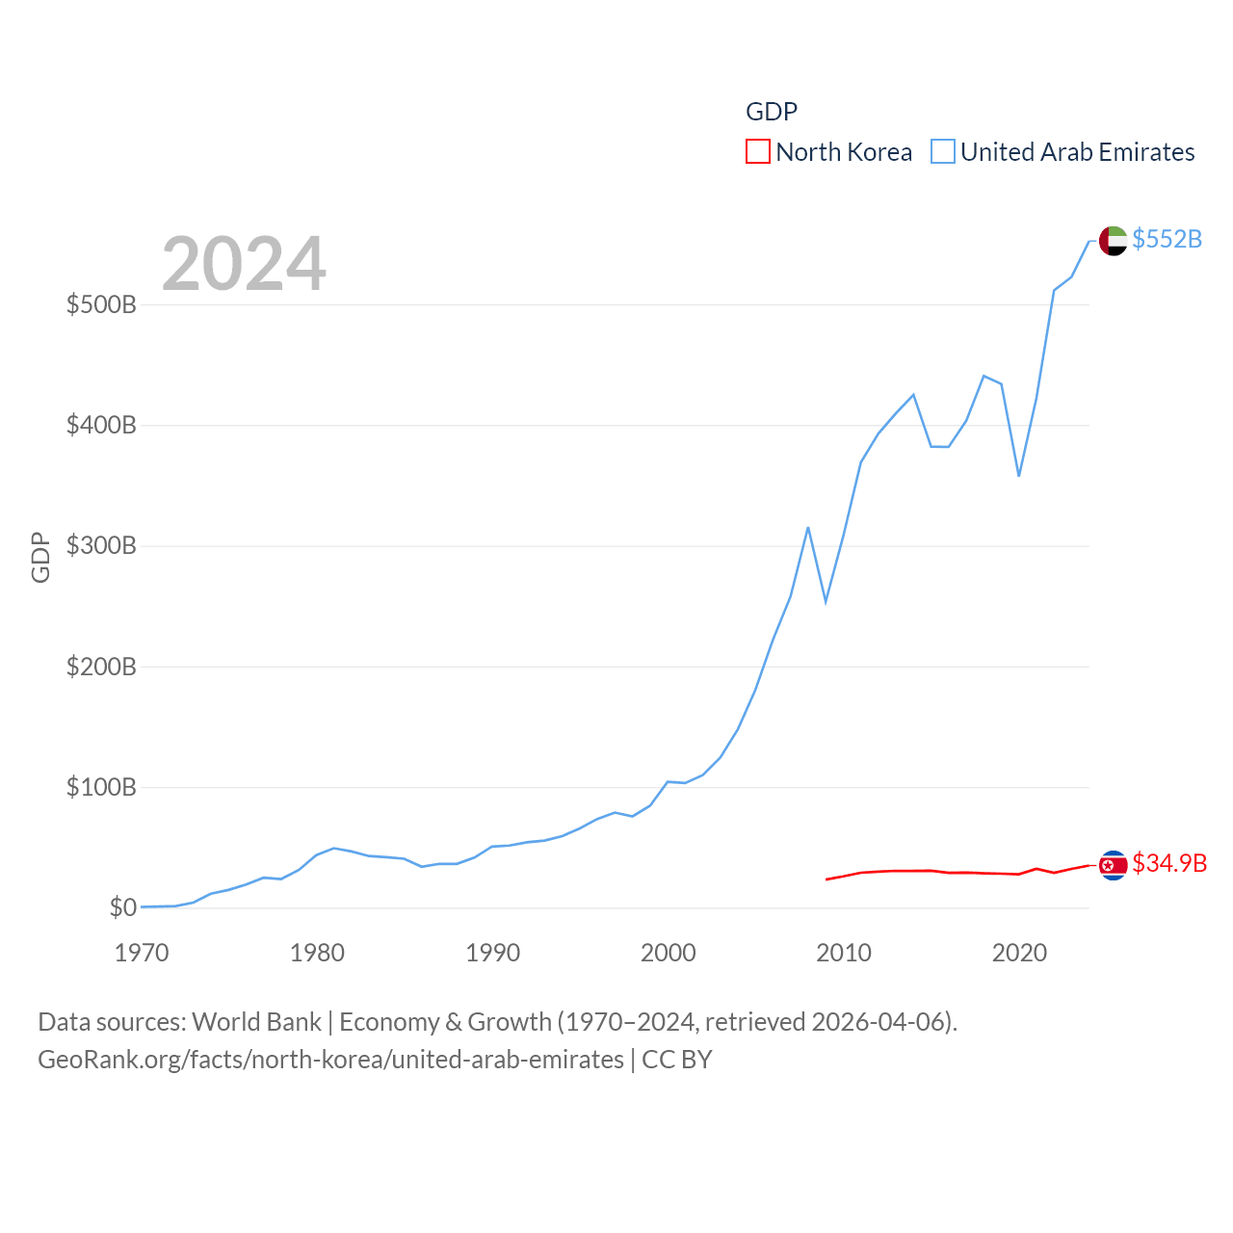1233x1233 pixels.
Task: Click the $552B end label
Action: [x=1167, y=239]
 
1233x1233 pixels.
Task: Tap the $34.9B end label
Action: [x=1168, y=863]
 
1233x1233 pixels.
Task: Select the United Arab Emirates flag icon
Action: [x=1113, y=241]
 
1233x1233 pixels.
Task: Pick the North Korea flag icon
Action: [x=1113, y=866]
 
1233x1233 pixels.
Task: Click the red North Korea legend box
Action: [x=758, y=152]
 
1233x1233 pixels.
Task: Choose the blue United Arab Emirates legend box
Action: [x=943, y=152]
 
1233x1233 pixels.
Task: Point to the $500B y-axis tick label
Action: [x=101, y=305]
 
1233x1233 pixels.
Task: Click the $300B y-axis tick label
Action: [x=101, y=546]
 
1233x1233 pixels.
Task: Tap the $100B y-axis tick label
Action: [x=101, y=788]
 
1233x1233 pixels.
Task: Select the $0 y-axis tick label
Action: [x=122, y=908]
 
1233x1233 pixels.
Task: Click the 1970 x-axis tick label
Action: [x=142, y=954]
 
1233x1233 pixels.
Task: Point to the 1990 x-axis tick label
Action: [x=492, y=954]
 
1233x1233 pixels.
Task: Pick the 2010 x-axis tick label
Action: [x=844, y=954]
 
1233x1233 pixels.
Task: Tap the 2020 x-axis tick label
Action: [x=1019, y=954]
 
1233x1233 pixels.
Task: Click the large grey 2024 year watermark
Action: [x=244, y=264]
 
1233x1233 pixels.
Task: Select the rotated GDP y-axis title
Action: [x=40, y=557]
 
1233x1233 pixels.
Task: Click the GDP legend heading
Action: [x=772, y=112]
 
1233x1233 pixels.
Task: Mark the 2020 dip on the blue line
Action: [x=1018, y=475]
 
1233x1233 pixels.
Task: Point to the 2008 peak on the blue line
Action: [x=808, y=528]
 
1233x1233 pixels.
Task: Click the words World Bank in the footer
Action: [x=256, y=1022]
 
